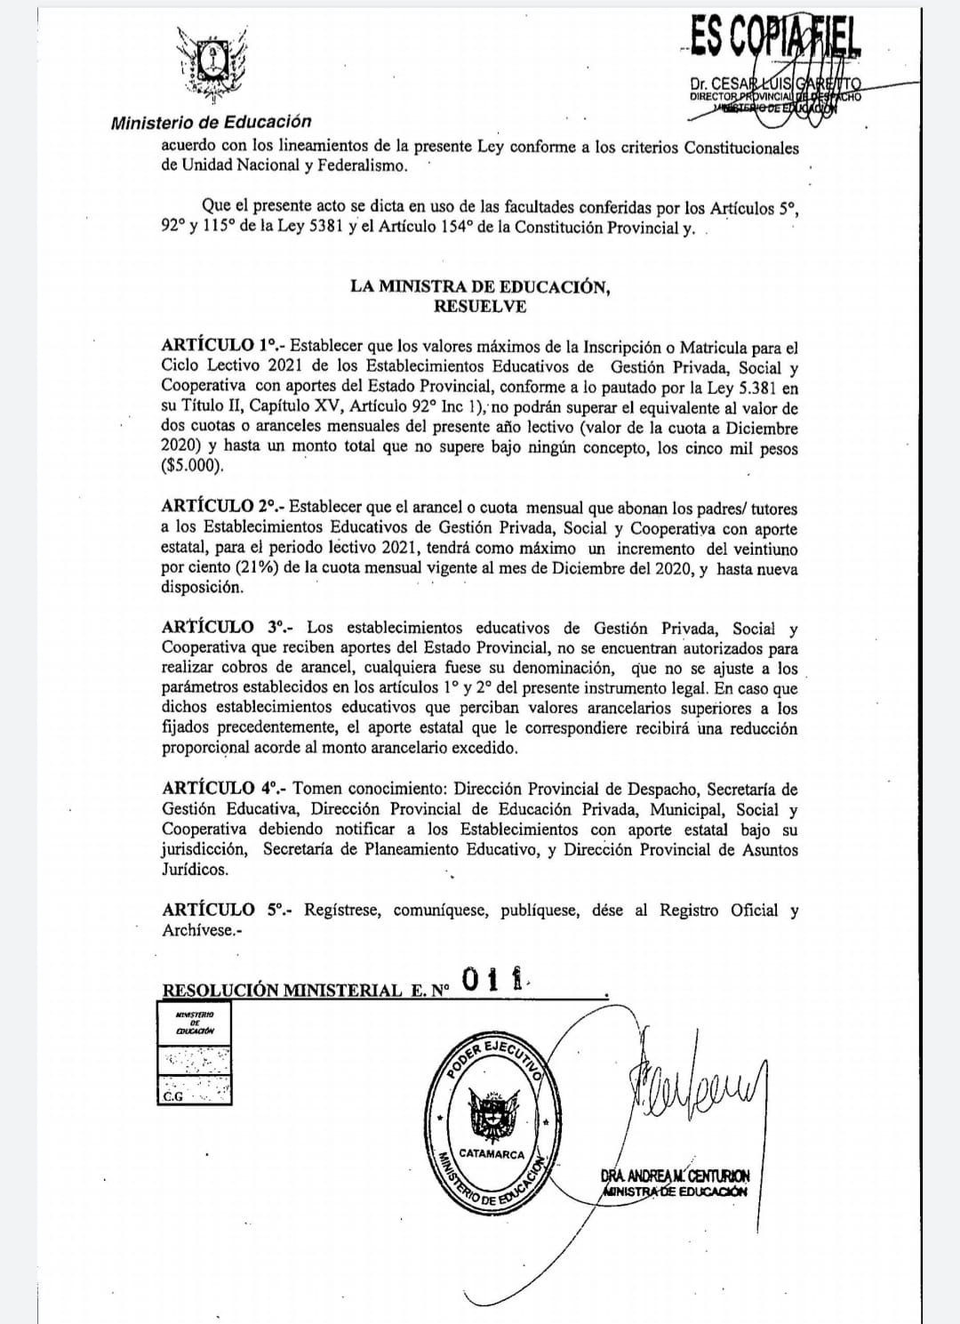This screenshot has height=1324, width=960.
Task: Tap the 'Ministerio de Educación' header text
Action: [x=211, y=123]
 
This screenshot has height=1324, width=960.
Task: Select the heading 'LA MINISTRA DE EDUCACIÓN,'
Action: [x=480, y=286]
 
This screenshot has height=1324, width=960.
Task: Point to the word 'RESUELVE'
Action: [x=480, y=307]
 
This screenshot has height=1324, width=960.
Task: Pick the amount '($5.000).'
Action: [x=193, y=466]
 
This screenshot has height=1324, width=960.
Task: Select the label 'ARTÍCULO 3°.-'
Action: [x=227, y=628]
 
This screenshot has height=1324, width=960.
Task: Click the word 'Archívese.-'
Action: [x=202, y=930]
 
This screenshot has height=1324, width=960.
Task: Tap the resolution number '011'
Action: [x=494, y=980]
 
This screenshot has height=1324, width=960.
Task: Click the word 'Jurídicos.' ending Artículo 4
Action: [x=195, y=870]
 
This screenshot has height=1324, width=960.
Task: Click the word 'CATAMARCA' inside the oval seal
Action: [x=492, y=1153]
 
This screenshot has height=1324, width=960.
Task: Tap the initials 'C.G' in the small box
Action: [x=172, y=1096]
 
